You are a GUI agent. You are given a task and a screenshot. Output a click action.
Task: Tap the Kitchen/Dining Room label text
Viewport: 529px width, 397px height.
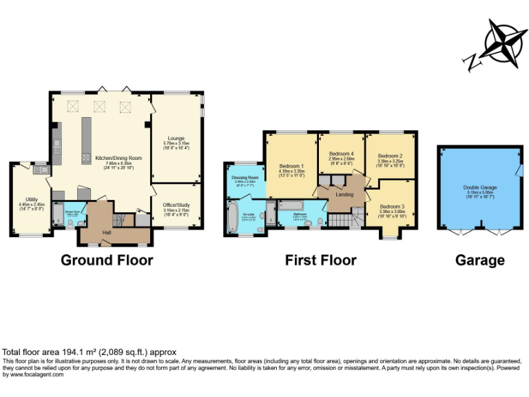point(118,158)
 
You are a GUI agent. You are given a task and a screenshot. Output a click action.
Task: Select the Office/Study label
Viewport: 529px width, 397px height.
point(177,204)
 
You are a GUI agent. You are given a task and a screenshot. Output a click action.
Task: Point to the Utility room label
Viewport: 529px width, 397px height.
point(32,198)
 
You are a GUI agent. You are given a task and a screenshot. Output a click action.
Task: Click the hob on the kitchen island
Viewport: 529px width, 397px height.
point(86,157)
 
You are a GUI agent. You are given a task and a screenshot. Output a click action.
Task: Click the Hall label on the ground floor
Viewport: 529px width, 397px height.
point(107,232)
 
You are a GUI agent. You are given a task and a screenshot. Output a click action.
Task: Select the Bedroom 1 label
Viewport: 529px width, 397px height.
point(291,166)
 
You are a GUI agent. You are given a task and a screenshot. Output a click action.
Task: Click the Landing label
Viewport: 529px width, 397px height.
point(344,194)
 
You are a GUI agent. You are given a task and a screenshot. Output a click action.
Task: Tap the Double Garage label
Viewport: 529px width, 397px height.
point(480,187)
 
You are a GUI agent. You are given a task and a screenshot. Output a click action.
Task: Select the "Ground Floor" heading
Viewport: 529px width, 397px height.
point(107,260)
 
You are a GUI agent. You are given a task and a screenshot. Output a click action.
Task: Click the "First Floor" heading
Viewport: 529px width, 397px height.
point(321,260)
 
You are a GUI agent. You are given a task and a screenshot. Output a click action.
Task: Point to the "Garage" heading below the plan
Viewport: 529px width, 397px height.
point(479,260)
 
